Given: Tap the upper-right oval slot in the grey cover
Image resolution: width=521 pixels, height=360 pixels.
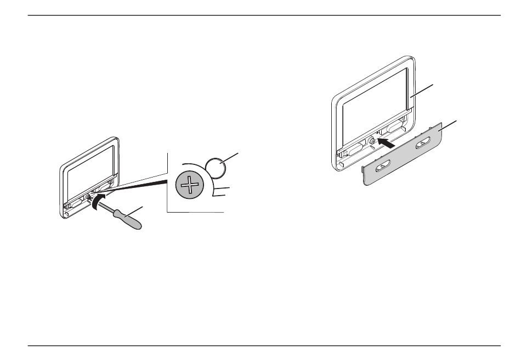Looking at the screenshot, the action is pyautogui.click(x=424, y=145).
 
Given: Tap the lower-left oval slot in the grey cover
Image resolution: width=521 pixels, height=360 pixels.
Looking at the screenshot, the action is pyautogui.click(x=382, y=167).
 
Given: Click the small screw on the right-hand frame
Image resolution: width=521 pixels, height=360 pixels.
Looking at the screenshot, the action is pyautogui.click(x=372, y=141).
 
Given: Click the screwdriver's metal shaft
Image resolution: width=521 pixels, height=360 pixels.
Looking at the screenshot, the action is pyautogui.click(x=104, y=203).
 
